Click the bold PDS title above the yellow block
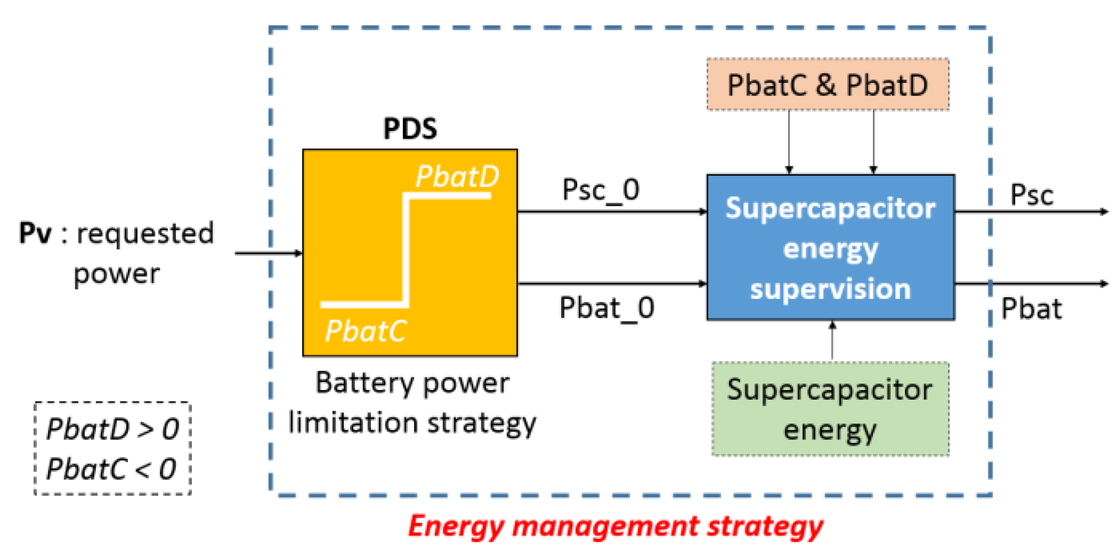click(x=410, y=129)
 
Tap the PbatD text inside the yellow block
click(x=457, y=176)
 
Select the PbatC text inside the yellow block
click(x=366, y=331)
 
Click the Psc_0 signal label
click(x=600, y=190)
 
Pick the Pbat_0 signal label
click(x=606, y=308)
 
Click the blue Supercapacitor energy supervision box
click(x=830, y=247)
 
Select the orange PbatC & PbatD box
click(x=827, y=85)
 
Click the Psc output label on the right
click(x=1031, y=195)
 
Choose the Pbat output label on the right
click(x=1031, y=309)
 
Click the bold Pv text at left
click(x=36, y=233)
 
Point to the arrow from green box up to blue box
click(x=832, y=341)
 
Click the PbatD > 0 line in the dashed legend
click(x=113, y=429)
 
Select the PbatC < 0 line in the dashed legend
click(x=111, y=469)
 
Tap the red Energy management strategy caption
click(x=615, y=526)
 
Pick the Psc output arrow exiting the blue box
click(x=1031, y=211)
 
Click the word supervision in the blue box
click(x=830, y=289)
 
